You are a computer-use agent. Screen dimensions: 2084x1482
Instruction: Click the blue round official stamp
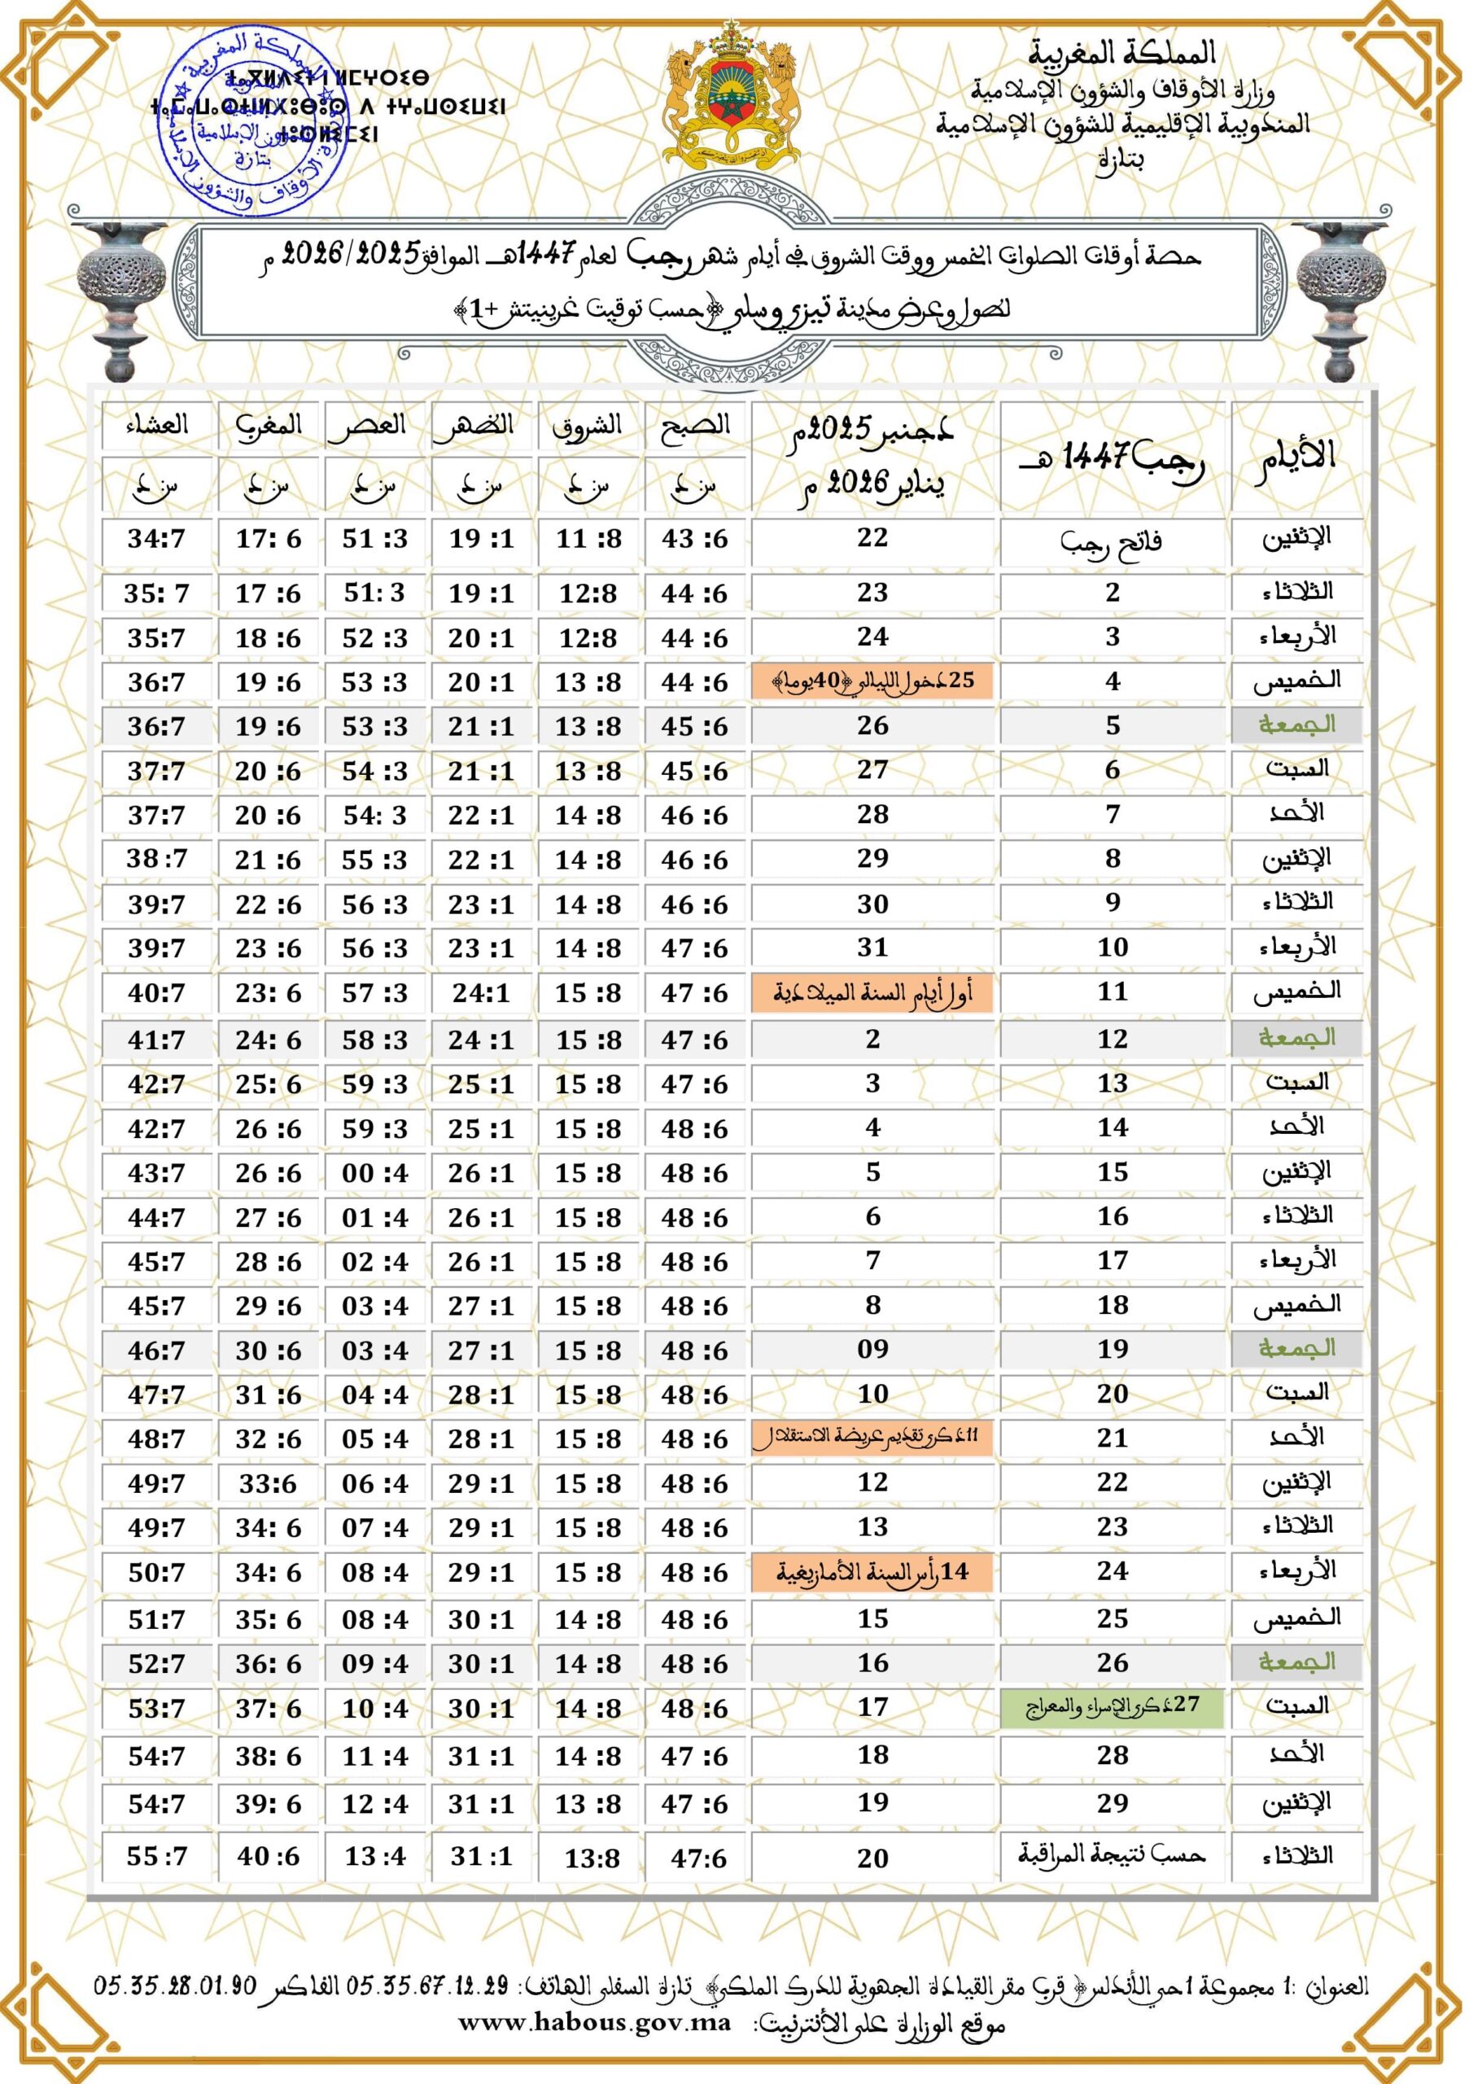(x=258, y=123)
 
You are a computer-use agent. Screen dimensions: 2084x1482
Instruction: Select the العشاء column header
(x=157, y=426)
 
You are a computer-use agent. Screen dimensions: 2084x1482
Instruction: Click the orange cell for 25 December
(x=872, y=681)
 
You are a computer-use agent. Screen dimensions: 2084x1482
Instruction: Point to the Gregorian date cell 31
(x=872, y=948)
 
